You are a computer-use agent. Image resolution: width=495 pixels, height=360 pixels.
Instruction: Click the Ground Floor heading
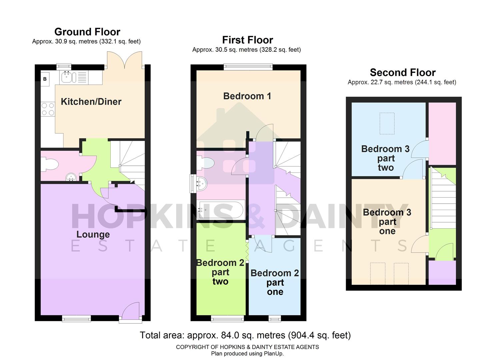pos(87,32)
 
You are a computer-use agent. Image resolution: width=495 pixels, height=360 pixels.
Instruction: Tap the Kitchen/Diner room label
pos(91,102)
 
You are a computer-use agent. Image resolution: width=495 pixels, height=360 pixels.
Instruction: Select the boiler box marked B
pos(45,79)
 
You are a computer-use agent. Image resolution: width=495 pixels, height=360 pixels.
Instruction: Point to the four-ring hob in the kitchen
pos(48,109)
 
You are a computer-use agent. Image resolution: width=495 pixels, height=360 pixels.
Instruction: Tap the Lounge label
pos(93,234)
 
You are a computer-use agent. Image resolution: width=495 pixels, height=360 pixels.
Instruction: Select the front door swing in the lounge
pos(131,312)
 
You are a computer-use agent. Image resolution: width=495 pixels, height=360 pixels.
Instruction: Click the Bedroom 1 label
pos(247,96)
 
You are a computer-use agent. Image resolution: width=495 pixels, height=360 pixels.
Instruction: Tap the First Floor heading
pos(247,40)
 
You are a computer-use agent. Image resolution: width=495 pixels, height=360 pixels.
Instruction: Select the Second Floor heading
pos(403,73)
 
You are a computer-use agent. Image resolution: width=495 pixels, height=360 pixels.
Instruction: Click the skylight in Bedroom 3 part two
pos(387,124)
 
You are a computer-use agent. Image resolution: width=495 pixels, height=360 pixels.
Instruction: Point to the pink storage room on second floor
pos(442,133)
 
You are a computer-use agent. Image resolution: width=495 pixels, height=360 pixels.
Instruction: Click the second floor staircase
pos(443,198)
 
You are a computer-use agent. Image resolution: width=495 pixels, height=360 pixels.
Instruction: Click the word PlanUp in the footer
pos(273,354)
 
